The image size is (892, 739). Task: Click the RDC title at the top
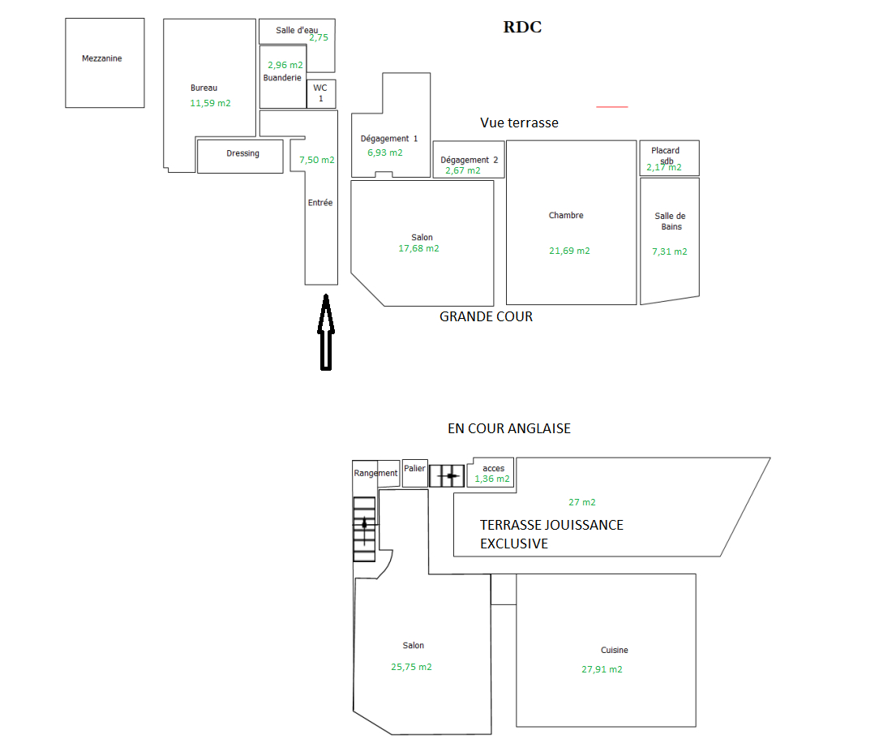522,28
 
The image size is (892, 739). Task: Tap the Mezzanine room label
102,58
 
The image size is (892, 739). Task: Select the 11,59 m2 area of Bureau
210,103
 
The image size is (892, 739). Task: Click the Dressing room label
242,153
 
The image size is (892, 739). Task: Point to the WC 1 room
320,93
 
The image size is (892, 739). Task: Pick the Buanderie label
282,78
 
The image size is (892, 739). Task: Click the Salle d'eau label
296,30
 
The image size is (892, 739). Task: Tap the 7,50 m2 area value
316,161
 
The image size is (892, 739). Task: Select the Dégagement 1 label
389,139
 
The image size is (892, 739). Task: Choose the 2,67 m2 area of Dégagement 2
462,170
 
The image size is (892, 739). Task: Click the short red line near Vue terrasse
612,106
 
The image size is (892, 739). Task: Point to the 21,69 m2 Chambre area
569,251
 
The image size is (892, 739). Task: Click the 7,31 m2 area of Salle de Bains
669,251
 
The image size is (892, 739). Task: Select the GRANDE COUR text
486,316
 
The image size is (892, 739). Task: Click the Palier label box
415,469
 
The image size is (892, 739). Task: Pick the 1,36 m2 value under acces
492,479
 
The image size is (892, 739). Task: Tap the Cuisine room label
614,650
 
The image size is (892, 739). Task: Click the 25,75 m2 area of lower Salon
411,667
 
